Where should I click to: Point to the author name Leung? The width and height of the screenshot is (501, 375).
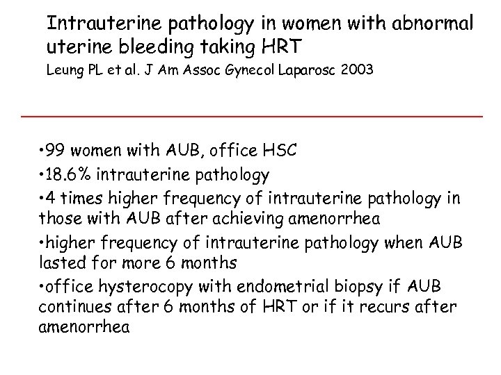tap(67, 72)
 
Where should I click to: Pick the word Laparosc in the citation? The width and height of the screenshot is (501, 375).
tap(305, 72)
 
